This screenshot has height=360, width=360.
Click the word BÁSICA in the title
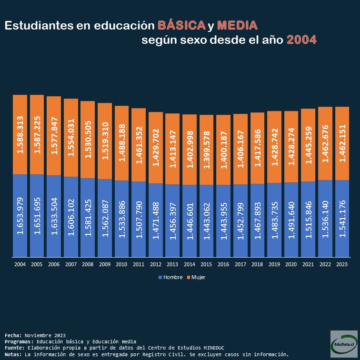(x=182, y=25)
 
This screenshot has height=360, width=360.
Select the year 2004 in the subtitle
(x=301, y=40)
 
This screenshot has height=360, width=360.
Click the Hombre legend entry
(x=170, y=277)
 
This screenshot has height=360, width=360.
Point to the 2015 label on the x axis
(x=206, y=264)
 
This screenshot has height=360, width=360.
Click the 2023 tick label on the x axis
(x=342, y=264)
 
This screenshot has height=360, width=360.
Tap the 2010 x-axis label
(x=121, y=264)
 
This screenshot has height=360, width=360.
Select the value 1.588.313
(x=20, y=135)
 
